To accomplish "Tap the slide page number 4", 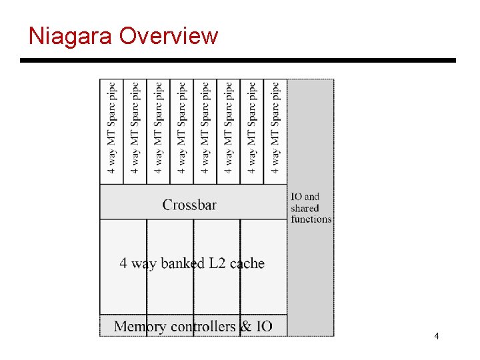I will pyautogui.click(x=436, y=336).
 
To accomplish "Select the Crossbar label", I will pyautogui.click(x=189, y=205).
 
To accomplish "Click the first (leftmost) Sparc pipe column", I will pyautogui.click(x=112, y=128).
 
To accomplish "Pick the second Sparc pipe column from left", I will pyautogui.click(x=135, y=128).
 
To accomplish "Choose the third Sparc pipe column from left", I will pyautogui.click(x=159, y=128).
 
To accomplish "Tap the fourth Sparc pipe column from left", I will pyautogui.click(x=182, y=128).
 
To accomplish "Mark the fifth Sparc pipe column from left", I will pyautogui.click(x=205, y=128).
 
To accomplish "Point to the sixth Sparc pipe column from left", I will pyautogui.click(x=229, y=128).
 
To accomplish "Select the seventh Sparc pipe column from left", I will pyautogui.click(x=252, y=128).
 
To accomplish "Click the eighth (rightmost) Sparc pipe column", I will pyautogui.click(x=275, y=128).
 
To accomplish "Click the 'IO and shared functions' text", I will pyautogui.click(x=310, y=207).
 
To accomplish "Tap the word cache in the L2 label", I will pyautogui.click(x=247, y=263).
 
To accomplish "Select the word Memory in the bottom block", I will pyautogui.click(x=141, y=326).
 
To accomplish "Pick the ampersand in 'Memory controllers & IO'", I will pyautogui.click(x=246, y=326).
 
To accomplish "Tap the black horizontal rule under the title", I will pyautogui.click(x=238, y=61).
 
